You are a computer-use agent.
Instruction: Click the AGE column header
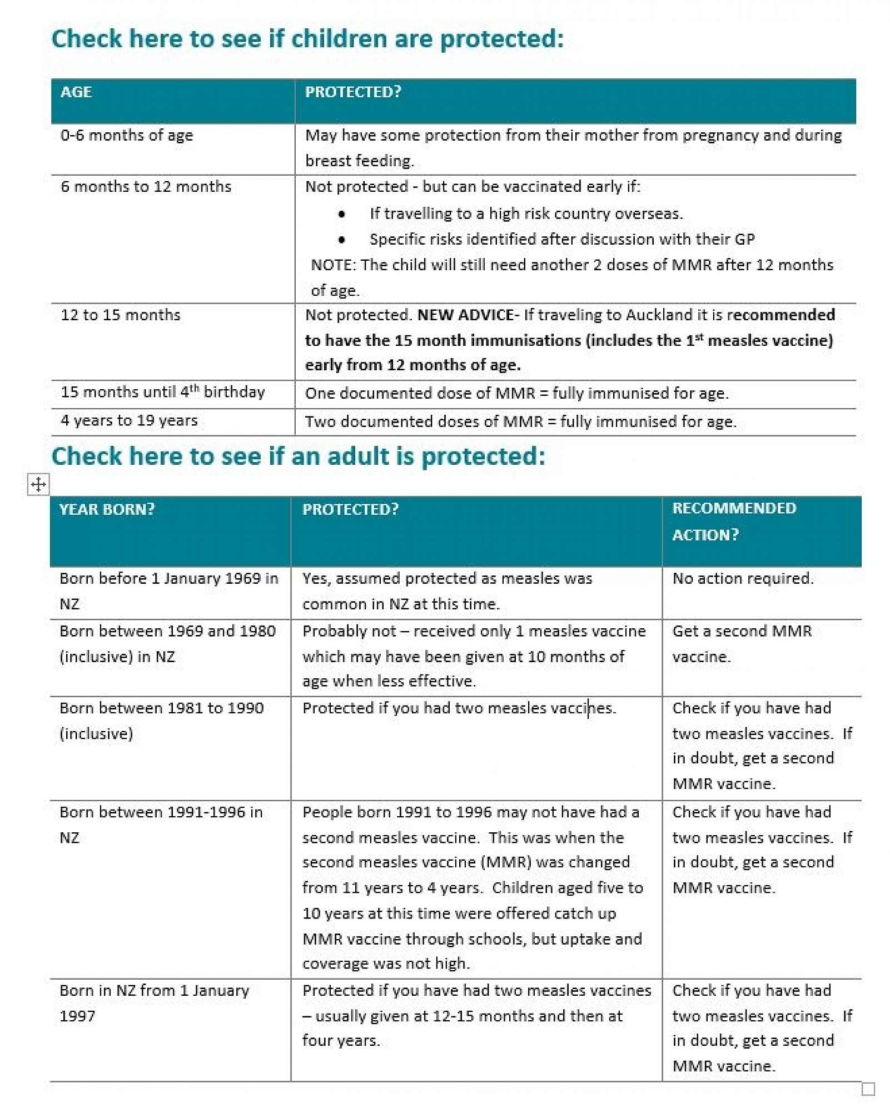(76, 92)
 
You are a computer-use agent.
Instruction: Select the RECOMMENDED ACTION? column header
(734, 521)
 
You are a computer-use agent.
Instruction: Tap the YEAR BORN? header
(107, 509)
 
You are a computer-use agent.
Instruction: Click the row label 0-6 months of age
(127, 135)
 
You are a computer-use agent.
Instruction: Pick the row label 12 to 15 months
(121, 315)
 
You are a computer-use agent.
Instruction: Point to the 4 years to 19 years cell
(129, 420)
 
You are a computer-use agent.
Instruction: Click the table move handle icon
(38, 484)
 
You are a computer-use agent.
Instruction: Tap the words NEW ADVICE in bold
(465, 315)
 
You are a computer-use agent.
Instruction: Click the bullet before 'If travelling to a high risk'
(342, 214)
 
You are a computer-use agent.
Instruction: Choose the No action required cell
(743, 578)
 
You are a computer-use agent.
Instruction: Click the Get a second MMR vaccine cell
(742, 643)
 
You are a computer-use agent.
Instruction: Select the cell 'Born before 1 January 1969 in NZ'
(168, 590)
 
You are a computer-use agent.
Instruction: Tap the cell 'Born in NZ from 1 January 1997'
(154, 1002)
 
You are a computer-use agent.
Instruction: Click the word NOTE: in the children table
(333, 265)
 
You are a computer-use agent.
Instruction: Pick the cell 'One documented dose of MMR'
(516, 393)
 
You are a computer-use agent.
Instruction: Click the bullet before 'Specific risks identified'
(342, 240)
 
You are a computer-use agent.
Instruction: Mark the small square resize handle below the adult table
(868, 1088)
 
